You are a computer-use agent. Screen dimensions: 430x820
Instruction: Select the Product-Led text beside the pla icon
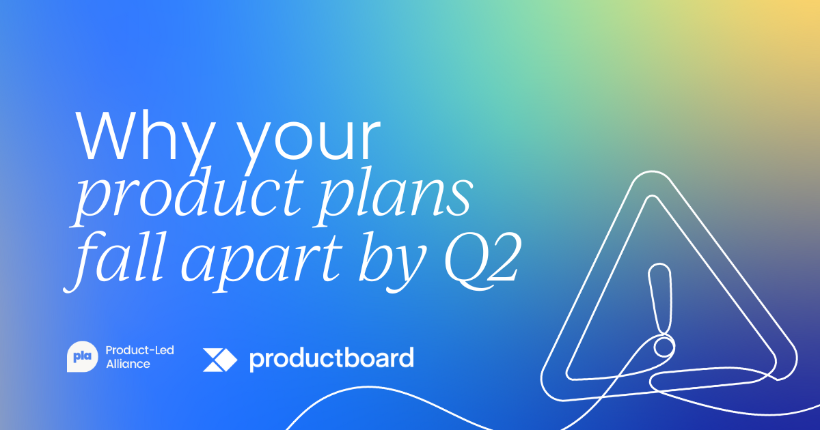(139, 350)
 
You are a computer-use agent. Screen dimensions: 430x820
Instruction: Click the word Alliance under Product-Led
(128, 364)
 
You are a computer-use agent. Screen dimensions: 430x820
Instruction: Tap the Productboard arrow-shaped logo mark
(219, 359)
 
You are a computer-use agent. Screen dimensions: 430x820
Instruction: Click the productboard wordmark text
(331, 358)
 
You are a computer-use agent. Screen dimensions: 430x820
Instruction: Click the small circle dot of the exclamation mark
(662, 347)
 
